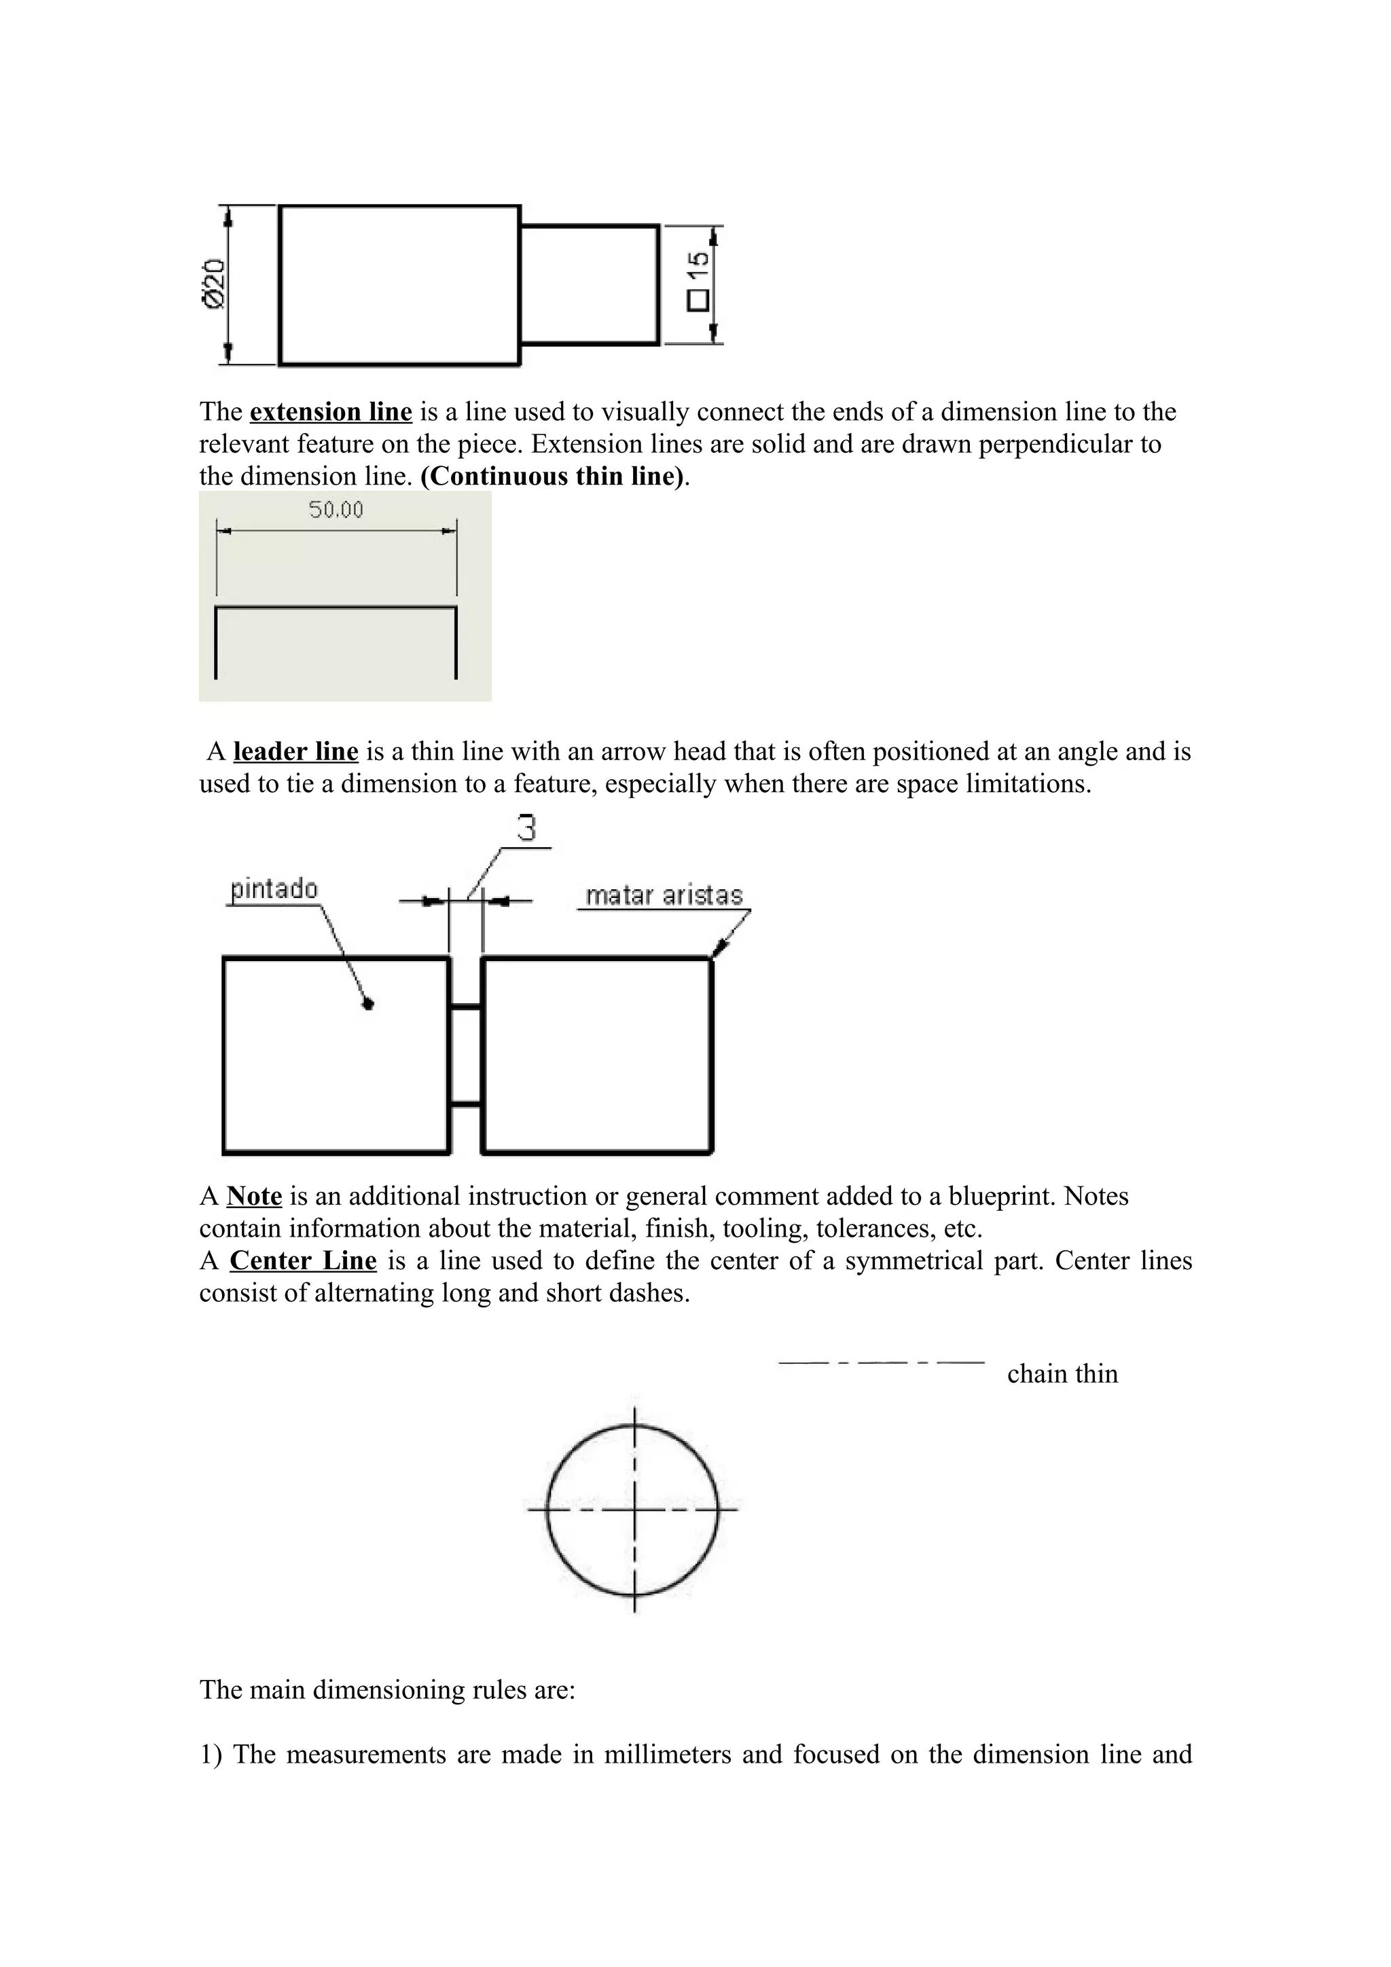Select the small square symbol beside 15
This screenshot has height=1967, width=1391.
(698, 300)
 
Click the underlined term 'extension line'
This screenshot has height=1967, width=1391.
(331, 412)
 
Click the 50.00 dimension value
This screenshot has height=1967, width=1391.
(336, 510)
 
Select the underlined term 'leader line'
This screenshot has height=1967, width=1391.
(295, 751)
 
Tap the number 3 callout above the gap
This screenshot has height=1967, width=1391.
(527, 829)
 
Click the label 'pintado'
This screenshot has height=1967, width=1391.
(274, 889)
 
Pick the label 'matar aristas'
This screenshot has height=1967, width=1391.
(664, 896)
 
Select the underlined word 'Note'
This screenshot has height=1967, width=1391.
(255, 1196)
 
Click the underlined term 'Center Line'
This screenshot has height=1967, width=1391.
(304, 1261)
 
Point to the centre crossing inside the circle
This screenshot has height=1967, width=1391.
(634, 1510)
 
